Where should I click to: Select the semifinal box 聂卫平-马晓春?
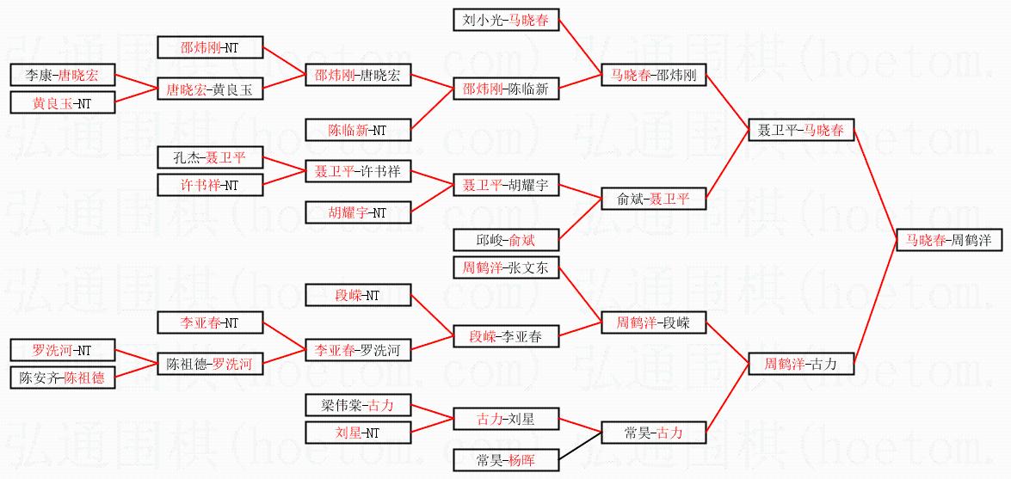pyautogui.click(x=801, y=131)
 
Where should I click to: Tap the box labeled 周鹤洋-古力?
pyautogui.click(x=801, y=364)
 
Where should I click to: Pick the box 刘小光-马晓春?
pyautogui.click(x=506, y=20)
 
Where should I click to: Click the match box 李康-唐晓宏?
pyautogui.click(x=61, y=76)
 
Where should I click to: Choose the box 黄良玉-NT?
pyautogui.click(x=61, y=103)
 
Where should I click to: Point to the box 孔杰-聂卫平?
pyautogui.click(x=210, y=157)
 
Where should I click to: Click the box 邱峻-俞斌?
pyautogui.click(x=506, y=240)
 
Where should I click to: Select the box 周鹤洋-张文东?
pyautogui.click(x=506, y=267)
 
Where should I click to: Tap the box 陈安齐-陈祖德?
pyautogui.click(x=61, y=378)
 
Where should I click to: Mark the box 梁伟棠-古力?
pyautogui.click(x=358, y=405)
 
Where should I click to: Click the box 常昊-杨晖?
pyautogui.click(x=506, y=460)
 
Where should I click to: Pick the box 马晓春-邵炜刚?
pyautogui.click(x=653, y=76)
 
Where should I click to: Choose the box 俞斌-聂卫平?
pyautogui.click(x=653, y=199)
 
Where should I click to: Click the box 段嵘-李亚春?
pyautogui.click(x=506, y=336)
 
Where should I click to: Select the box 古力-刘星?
pyautogui.click(x=506, y=419)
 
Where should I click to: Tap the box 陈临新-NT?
pyautogui.click(x=358, y=131)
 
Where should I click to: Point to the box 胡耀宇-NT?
pyautogui.click(x=358, y=212)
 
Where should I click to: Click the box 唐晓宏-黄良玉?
pyautogui.click(x=210, y=89)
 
